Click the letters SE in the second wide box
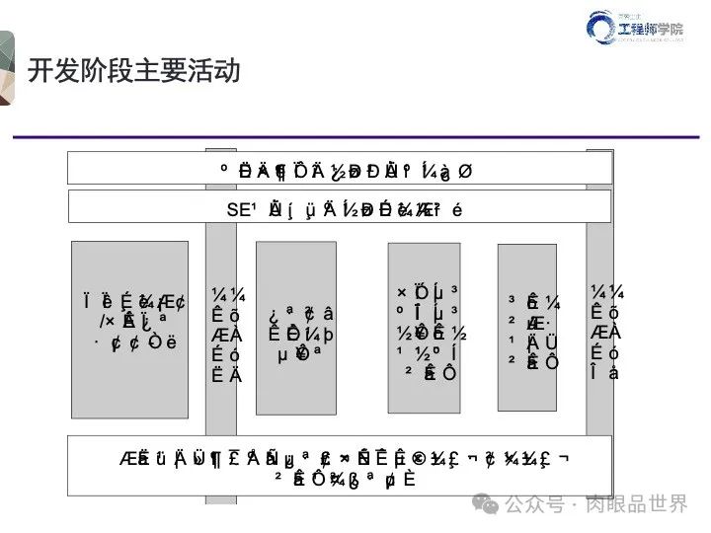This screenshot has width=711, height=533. pyautogui.click(x=238, y=208)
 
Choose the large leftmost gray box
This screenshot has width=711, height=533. pyautogui.click(x=129, y=329)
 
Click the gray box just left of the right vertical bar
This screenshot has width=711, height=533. pyautogui.click(x=526, y=327)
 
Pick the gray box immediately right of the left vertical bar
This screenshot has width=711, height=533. pyautogui.click(x=295, y=328)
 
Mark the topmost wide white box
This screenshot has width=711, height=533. pyautogui.click(x=340, y=169)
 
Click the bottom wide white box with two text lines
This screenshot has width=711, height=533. pyautogui.click(x=340, y=466)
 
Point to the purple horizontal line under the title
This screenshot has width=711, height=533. pyautogui.click(x=355, y=135)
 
